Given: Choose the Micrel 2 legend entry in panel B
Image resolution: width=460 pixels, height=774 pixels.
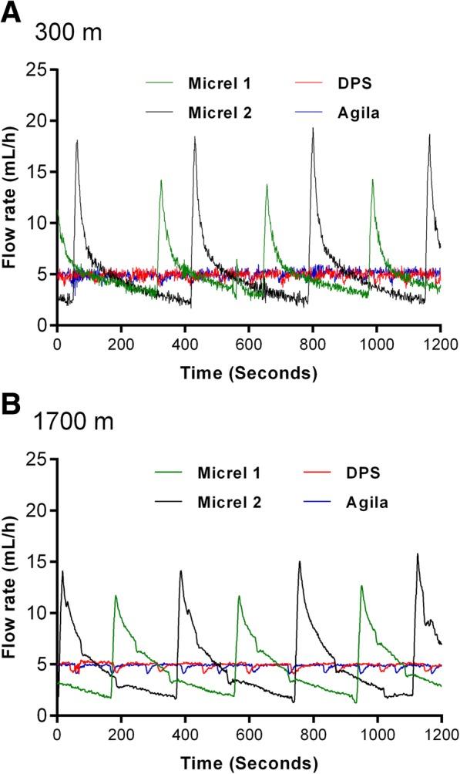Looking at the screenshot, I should tap(224, 503).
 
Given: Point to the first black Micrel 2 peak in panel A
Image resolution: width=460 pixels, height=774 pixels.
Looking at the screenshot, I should tap(76, 141).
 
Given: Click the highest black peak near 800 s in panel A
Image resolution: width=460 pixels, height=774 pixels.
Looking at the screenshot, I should tap(313, 129).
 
